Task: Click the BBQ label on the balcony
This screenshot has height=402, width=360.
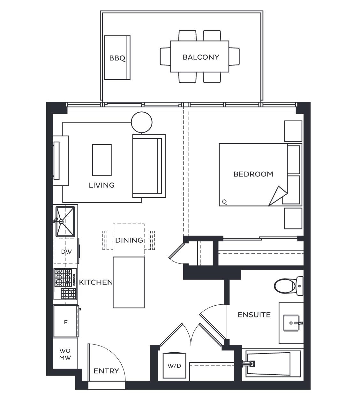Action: pos(117,58)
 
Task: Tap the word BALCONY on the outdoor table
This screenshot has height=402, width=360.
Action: pos(201,57)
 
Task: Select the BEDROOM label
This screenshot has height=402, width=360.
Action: pos(253,174)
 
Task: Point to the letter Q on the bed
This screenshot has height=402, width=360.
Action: pos(224,202)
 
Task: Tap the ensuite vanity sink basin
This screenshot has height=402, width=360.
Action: pos(291,323)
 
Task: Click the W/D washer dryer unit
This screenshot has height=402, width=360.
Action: pos(175,366)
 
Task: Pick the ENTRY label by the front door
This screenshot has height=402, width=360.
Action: pos(106,371)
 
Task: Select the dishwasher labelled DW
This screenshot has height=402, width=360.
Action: pos(66,252)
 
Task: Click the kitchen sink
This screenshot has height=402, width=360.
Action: pos(65,221)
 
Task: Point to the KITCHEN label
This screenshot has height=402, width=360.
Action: pos(96,282)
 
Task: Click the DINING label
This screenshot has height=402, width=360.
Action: pos(129,240)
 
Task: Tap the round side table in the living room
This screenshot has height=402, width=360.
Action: pos(142,122)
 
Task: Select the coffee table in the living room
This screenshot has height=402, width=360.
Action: pos(102,160)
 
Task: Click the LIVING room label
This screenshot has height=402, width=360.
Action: pos(101,185)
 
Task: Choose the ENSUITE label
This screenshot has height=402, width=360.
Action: pos(254,315)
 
